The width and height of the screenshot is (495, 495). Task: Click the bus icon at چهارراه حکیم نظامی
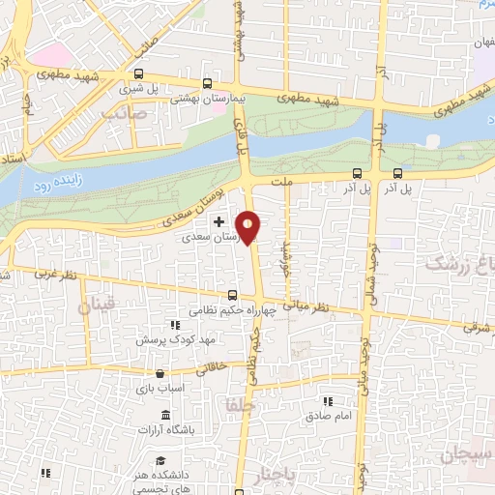click(x=231, y=296)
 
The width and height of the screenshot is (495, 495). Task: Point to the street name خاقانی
click(x=213, y=368)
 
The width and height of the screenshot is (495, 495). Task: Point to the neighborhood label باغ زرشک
click(x=461, y=263)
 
